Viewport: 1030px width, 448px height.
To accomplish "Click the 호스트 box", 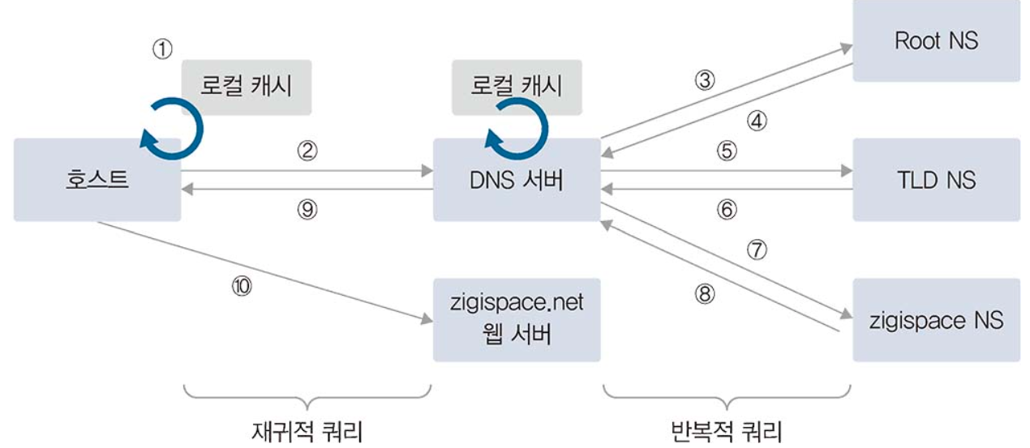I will (x=97, y=179).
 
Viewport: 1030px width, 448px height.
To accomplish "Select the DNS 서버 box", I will (x=517, y=179).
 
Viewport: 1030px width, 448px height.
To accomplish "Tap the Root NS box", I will (x=936, y=41).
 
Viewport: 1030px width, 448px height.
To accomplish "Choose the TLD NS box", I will (x=936, y=179).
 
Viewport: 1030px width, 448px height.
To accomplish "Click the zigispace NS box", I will (x=936, y=320).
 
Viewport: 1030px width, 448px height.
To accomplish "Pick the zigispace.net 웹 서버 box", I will (x=517, y=320).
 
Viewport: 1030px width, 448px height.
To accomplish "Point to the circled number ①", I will (x=163, y=50).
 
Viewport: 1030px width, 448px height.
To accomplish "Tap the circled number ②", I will (x=307, y=151).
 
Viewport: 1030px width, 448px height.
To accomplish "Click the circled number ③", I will (x=705, y=80).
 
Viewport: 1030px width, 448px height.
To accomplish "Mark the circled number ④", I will (x=757, y=122).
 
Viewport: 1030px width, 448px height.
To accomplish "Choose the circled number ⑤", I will (x=727, y=151).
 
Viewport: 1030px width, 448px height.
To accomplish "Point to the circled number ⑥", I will (x=727, y=210).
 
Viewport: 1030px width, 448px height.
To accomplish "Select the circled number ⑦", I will (x=756, y=250).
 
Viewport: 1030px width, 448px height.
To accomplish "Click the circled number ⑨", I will (x=307, y=210).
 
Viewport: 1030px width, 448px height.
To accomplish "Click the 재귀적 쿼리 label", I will (x=307, y=429).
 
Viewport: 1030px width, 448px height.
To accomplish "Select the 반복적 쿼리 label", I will (x=727, y=430).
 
